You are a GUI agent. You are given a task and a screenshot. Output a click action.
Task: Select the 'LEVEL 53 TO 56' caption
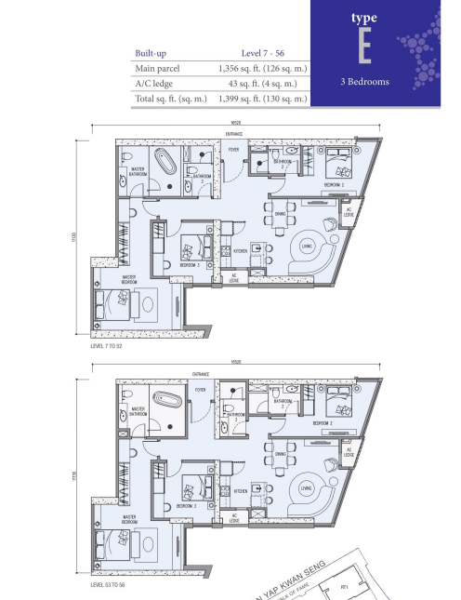(x=112, y=586)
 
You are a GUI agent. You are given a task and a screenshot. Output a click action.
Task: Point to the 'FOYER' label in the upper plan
(x=234, y=150)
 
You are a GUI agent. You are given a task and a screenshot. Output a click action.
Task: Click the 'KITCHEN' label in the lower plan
(x=240, y=491)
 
